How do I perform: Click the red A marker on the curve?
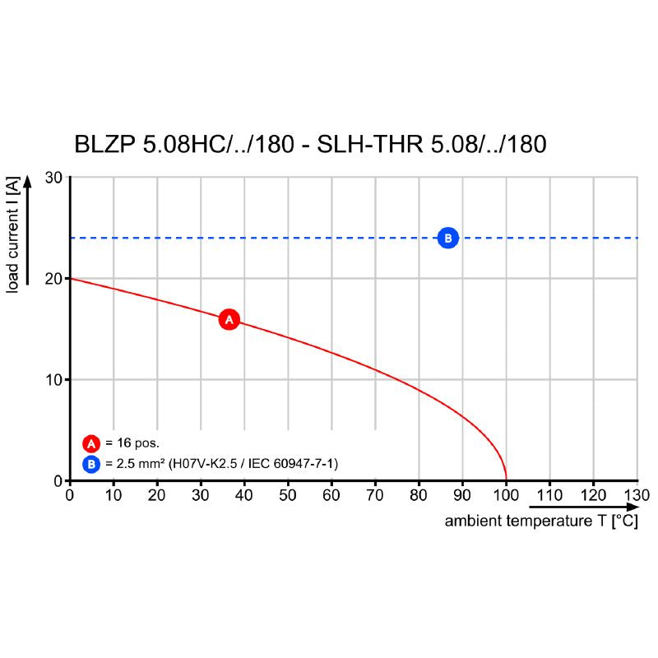pos(229,319)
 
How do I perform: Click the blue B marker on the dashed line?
pos(448,238)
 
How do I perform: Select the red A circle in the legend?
pos(90,443)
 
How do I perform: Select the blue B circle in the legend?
pos(90,464)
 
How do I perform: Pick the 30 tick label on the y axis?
pos(53,178)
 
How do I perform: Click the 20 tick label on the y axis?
pos(53,279)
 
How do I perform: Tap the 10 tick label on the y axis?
pos(53,380)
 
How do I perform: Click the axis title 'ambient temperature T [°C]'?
pos(541,521)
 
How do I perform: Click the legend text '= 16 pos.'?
pos(132,443)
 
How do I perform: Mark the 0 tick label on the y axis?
pos(58,480)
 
